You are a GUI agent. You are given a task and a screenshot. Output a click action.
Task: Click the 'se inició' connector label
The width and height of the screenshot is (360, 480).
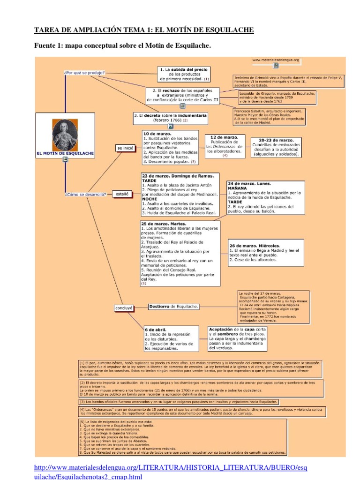(x=126, y=148)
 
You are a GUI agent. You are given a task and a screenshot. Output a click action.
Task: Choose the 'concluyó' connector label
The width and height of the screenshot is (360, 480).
(x=124, y=307)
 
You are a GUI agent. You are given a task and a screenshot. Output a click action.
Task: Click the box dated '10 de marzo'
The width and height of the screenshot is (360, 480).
(x=170, y=148)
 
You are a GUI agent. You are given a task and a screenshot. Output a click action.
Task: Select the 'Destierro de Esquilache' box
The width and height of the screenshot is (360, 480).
(x=173, y=307)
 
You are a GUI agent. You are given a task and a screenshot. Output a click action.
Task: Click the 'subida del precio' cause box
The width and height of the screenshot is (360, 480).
(x=183, y=74)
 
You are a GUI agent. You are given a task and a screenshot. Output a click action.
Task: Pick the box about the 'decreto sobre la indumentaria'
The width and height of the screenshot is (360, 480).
(x=170, y=117)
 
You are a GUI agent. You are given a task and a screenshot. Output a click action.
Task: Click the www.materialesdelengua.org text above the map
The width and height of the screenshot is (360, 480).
(x=276, y=60)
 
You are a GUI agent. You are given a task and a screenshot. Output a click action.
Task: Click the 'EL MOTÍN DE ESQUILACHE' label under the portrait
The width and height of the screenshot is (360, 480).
(x=65, y=153)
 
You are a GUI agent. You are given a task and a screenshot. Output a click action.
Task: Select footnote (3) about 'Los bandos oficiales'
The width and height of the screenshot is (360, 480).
(x=179, y=401)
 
